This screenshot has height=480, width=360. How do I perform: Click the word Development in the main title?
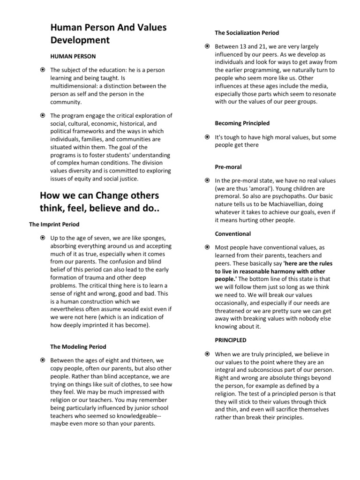80,40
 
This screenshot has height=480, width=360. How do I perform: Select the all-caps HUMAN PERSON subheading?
73,56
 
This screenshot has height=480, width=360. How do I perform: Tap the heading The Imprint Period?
54,225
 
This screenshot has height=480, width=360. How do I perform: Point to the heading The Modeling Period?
78,347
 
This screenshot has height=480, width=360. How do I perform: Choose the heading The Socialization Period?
247,33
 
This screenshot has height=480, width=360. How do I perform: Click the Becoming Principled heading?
242,123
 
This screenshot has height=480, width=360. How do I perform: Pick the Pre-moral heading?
228,166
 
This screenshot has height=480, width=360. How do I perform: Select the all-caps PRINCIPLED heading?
231,340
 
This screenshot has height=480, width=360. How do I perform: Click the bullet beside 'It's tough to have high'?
207,137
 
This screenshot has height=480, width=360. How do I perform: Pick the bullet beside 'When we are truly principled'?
207,354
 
